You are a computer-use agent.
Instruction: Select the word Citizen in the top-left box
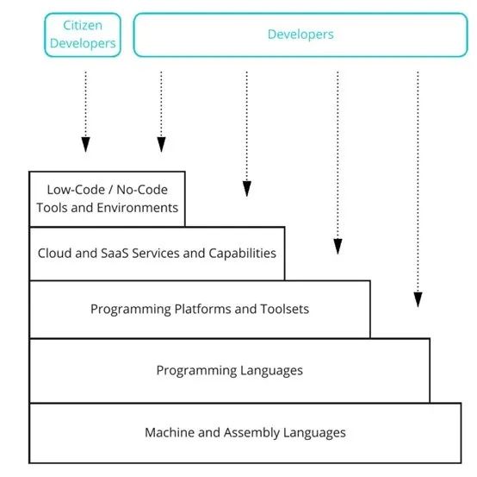[83, 25]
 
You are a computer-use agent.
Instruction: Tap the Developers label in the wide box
[300, 35]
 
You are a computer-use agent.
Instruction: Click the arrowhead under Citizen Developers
[86, 144]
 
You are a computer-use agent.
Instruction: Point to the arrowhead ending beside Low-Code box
[247, 189]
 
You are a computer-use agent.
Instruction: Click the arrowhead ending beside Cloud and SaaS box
[338, 247]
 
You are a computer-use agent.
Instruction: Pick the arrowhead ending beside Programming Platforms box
[418, 299]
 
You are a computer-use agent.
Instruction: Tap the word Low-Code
[76, 190]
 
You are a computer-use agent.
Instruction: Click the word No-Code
[142, 190]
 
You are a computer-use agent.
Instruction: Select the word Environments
[137, 208]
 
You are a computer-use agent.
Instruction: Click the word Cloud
[55, 254]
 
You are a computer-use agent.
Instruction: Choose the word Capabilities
[243, 254]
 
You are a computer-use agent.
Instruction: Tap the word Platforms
[203, 309]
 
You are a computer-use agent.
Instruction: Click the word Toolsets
[285, 309]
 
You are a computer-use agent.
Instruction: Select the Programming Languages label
[230, 371]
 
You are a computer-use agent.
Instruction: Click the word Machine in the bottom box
[170, 432]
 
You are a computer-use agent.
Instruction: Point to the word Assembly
[251, 433]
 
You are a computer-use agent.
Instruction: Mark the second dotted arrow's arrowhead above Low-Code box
[161, 144]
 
